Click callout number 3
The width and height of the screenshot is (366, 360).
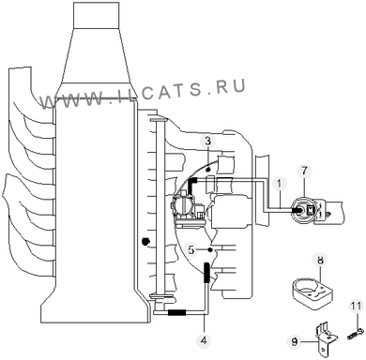coord(208,142)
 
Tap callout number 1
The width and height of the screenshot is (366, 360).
coord(280,185)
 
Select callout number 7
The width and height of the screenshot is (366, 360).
coord(304,171)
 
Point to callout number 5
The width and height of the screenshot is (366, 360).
coord(191,249)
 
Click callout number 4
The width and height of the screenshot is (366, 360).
coord(204,340)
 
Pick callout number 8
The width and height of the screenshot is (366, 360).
coord(320,260)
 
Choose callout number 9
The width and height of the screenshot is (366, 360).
coord(295,341)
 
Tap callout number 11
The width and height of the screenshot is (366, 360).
coord(356,306)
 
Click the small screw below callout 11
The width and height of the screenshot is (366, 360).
coord(355,336)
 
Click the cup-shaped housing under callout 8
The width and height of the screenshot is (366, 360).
coord(313,292)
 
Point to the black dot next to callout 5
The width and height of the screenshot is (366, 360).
coord(210,249)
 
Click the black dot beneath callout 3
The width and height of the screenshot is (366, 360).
coord(207,169)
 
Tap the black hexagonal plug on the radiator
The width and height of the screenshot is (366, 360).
coord(145,241)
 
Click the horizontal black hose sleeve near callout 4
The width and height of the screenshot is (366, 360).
coord(177,312)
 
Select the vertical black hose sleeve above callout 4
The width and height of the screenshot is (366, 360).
coord(206,273)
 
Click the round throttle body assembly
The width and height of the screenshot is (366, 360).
coord(185,208)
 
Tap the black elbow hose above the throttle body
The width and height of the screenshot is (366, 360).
coord(191,187)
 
